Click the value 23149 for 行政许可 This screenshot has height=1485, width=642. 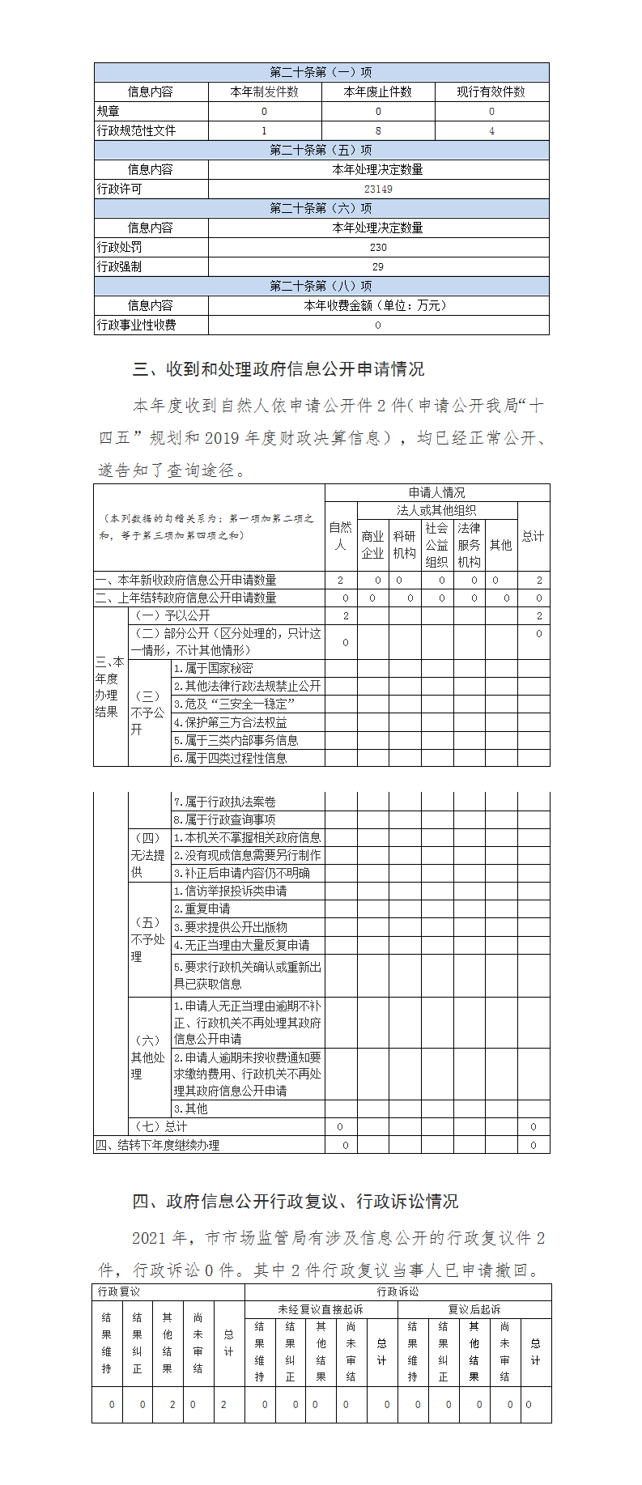378,189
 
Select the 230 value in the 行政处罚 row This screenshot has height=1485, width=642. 378,247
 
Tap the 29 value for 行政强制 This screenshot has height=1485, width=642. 378,266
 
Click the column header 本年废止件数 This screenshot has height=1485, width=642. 378,91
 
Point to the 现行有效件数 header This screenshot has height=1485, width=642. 491,91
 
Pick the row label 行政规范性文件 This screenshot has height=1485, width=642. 137,130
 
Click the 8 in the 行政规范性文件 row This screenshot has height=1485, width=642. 378,130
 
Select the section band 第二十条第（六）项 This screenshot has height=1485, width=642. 321,208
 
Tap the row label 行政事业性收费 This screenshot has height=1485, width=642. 137,325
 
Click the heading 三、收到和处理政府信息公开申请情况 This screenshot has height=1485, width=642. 278,369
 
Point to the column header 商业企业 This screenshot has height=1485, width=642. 372,544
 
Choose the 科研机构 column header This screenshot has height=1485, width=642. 405,544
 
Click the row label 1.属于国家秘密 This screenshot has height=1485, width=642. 214,668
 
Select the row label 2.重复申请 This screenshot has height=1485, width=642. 202,908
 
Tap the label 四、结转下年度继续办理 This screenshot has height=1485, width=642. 157,1145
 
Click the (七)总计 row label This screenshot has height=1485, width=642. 160,1126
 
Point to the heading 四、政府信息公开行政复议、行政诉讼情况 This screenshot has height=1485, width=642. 295,1202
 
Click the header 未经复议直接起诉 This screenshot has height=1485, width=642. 321,1309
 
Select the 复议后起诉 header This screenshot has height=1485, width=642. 474,1309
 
